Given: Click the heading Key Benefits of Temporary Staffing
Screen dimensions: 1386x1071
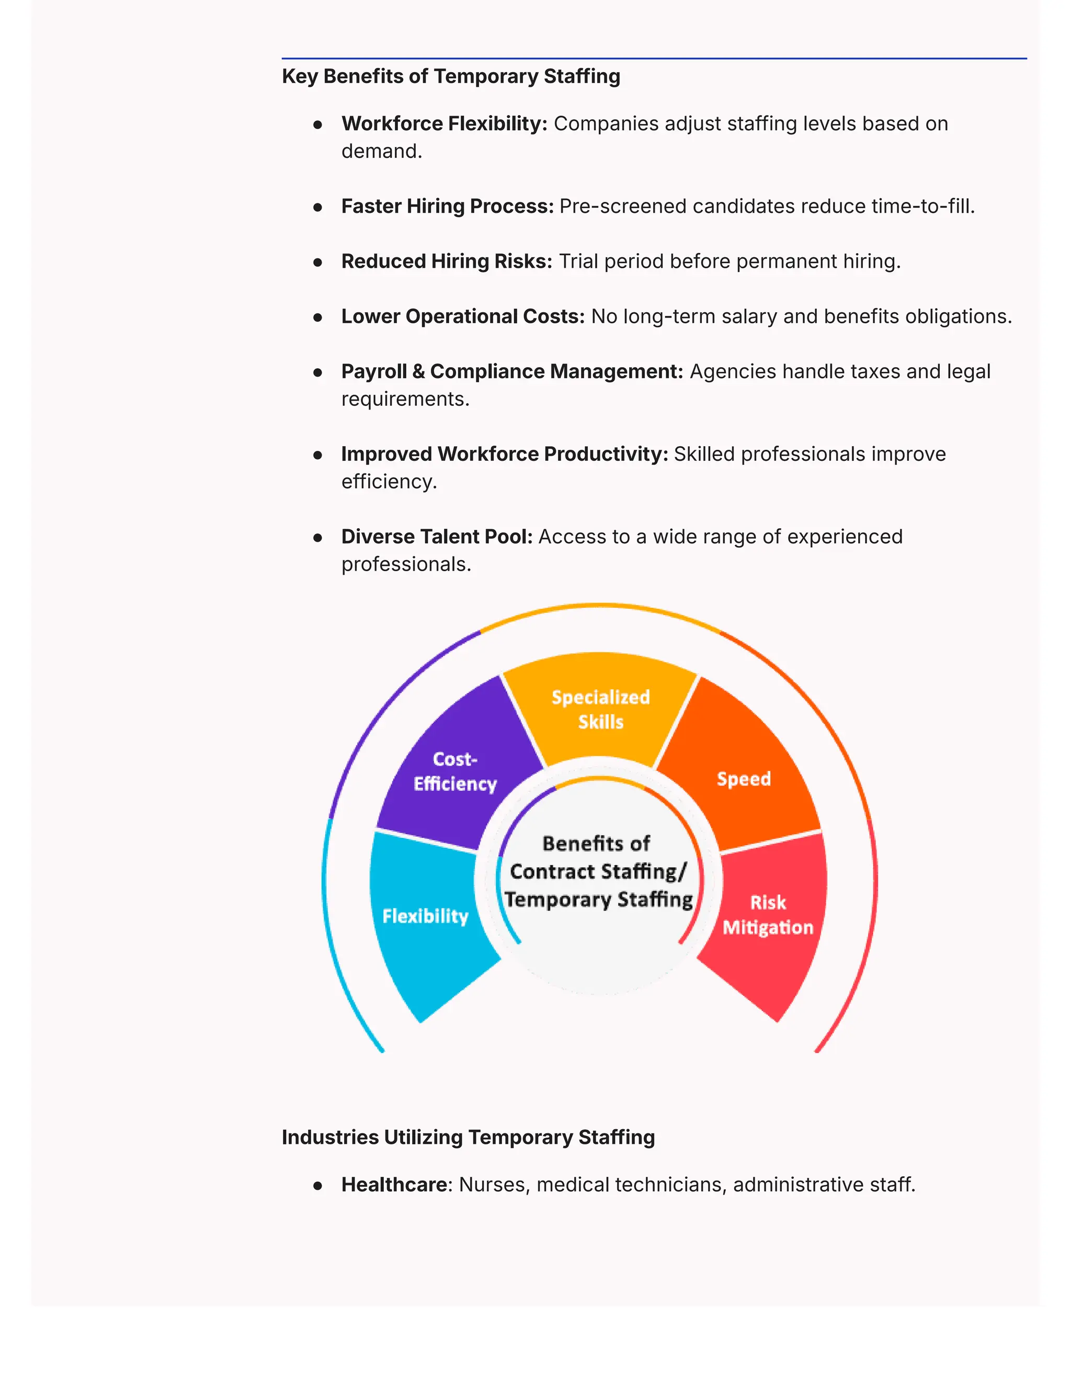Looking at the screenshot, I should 450,76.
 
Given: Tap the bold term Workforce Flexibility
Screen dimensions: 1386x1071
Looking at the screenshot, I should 443,124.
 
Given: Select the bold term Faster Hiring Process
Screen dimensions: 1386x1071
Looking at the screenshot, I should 447,206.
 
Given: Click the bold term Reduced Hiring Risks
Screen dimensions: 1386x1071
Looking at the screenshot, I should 447,262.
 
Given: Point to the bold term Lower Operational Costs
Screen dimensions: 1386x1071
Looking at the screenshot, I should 462,316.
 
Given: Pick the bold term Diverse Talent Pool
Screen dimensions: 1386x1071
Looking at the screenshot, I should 437,537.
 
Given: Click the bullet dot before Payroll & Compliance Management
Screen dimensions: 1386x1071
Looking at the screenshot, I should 318,372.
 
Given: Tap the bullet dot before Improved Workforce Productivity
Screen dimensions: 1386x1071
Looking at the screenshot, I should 318,455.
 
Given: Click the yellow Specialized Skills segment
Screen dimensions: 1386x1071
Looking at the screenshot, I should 600,710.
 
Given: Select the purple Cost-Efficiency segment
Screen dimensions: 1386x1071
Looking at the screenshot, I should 455,771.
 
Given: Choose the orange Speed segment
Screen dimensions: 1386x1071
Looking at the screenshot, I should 744,779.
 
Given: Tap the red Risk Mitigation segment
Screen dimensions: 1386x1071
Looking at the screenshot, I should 768,915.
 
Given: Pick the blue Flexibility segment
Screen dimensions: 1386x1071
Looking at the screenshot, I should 425,916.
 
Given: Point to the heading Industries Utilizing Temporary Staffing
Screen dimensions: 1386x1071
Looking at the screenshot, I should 468,1137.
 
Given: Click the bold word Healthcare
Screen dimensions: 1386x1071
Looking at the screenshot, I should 394,1185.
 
